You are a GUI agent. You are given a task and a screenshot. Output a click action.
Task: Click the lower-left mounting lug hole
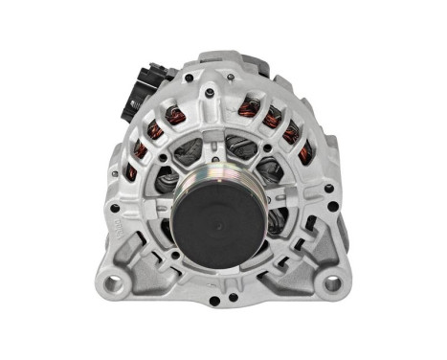(112, 284)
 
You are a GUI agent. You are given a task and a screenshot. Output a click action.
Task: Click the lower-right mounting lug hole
(332, 284)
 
